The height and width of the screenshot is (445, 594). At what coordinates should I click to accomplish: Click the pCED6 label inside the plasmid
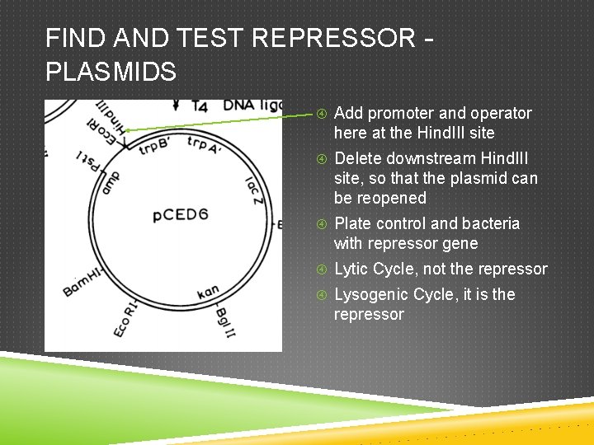click(x=181, y=216)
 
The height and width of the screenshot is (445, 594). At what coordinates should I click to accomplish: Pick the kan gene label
click(x=208, y=293)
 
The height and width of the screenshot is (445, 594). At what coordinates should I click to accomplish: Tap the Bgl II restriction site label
click(x=223, y=324)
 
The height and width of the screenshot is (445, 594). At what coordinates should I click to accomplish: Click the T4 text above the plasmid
click(x=199, y=105)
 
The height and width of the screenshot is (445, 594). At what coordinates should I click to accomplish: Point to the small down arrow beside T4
click(x=176, y=105)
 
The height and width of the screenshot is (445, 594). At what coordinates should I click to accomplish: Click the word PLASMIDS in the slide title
click(x=111, y=73)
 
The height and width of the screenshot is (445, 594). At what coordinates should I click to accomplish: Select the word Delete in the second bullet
click(x=359, y=158)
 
